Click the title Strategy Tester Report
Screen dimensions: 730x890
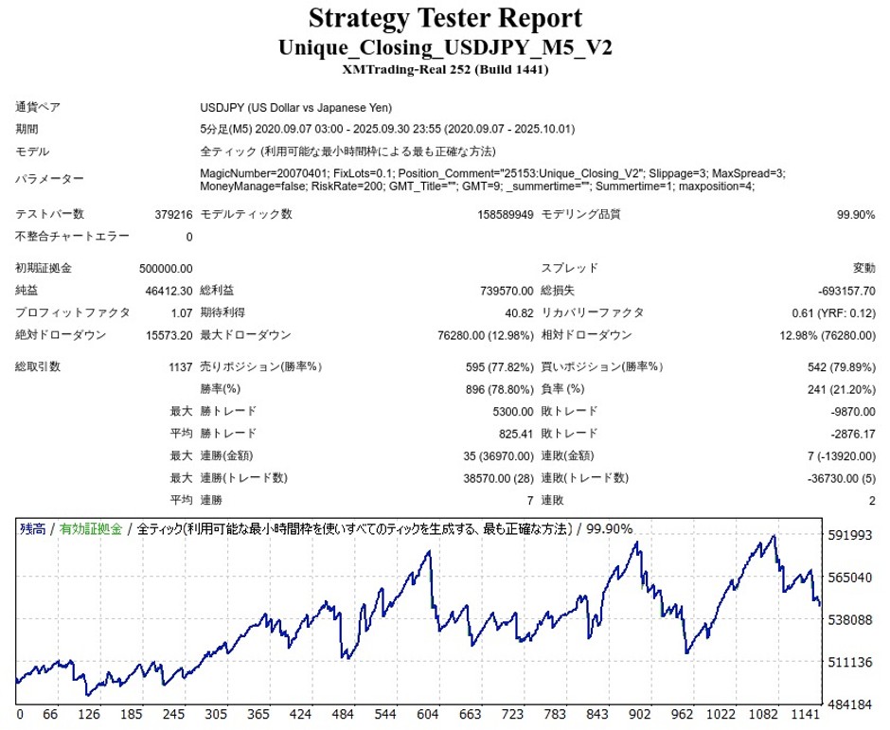click(445, 18)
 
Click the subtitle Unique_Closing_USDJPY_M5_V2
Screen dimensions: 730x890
click(445, 47)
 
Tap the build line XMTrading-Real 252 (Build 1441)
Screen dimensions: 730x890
click(445, 69)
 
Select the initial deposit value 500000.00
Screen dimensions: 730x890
click(166, 268)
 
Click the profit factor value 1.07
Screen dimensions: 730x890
click(181, 312)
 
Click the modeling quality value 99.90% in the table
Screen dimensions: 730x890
click(856, 215)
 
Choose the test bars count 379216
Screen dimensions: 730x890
click(173, 215)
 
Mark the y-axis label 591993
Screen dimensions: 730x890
click(849, 536)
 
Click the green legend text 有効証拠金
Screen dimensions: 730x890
click(91, 529)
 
